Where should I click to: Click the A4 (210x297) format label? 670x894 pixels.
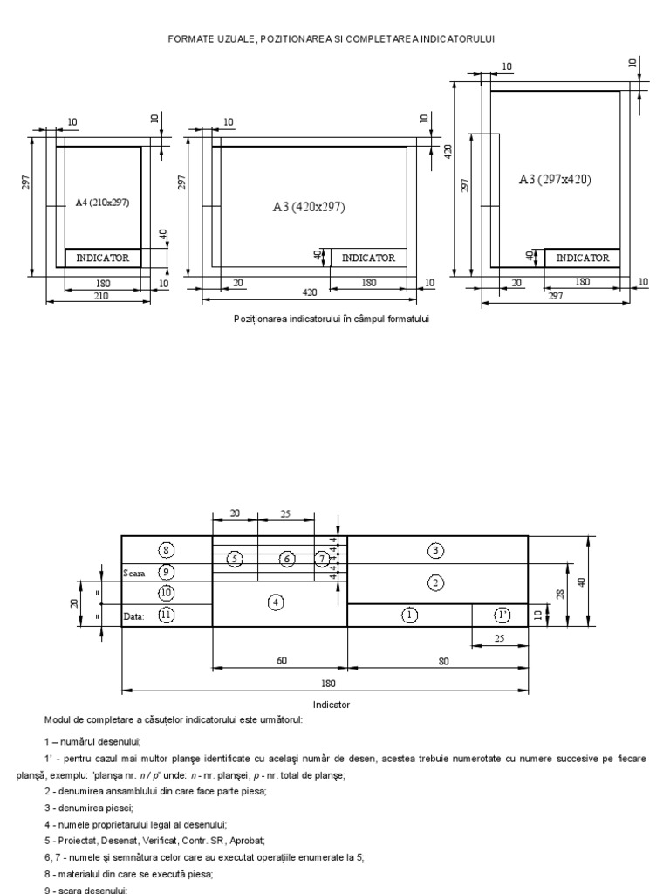[102, 203]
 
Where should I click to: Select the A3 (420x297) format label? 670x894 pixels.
[309, 207]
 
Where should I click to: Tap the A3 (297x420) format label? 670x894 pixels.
[555, 179]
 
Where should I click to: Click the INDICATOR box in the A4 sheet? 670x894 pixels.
[103, 258]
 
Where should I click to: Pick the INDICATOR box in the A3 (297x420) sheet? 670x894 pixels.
[583, 258]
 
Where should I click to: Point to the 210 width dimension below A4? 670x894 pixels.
[102, 297]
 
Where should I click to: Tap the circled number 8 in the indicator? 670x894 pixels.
[167, 549]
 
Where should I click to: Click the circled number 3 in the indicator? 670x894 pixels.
[436, 549]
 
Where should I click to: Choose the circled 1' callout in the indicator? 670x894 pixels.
[502, 615]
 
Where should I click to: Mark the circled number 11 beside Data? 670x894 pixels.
[167, 615]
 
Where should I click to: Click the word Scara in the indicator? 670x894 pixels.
[134, 573]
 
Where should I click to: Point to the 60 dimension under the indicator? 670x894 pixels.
[282, 661]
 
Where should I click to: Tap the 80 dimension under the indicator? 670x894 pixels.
[442, 661]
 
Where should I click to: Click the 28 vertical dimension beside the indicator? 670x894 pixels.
[561, 594]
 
